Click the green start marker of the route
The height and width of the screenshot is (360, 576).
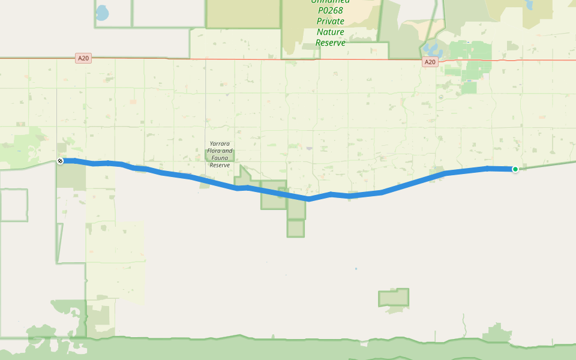coord(515,169)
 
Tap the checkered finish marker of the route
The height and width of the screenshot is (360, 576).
coord(61,161)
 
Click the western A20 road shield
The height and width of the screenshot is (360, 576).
coord(83,58)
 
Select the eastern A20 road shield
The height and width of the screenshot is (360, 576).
coord(429,62)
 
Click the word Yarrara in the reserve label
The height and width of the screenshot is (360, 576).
coord(220,144)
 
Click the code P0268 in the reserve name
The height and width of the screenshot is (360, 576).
coord(331,10)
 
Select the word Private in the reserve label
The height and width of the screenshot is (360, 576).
coord(331,21)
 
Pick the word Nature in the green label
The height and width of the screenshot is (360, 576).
coord(331,32)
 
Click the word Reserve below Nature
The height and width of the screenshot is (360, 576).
coord(331,43)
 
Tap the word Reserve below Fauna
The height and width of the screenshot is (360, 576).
coord(220,165)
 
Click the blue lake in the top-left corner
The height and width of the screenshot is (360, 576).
coord(102,13)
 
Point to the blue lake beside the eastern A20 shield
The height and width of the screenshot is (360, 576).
coord(431,49)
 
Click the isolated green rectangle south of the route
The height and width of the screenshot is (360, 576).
coord(394,298)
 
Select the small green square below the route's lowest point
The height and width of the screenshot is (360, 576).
coord(295,229)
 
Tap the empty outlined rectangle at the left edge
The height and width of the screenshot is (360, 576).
coord(13,205)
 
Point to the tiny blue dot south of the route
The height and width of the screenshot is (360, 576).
coord(356,268)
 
